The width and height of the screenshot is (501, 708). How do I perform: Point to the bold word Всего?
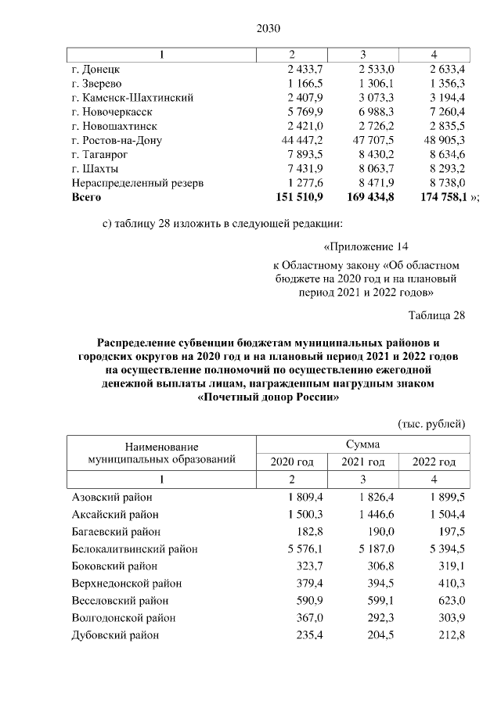[x=87, y=197]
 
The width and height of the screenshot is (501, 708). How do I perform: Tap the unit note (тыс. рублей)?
[x=432, y=423]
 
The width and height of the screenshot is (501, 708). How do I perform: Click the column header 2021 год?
[x=363, y=462]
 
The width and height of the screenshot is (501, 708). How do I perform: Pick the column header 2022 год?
[x=434, y=462]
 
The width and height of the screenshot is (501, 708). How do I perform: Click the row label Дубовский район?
[x=115, y=634]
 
